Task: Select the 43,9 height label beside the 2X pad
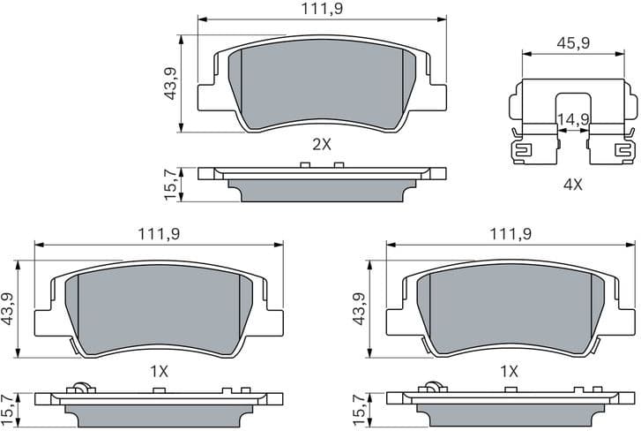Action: [171, 83]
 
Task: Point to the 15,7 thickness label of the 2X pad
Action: [171, 184]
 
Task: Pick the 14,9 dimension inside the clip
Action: [572, 120]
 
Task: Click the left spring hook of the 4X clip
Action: [522, 151]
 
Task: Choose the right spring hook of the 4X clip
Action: [624, 151]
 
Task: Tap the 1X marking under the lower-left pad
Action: [159, 371]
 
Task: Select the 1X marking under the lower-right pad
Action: [510, 371]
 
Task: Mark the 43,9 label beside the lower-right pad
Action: [358, 309]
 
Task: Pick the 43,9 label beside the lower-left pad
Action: [9, 309]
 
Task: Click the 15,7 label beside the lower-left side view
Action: [9, 408]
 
